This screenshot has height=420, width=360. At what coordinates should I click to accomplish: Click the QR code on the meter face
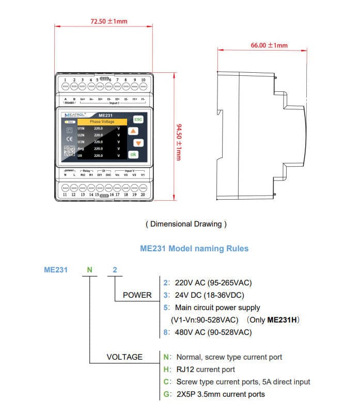click(69, 151)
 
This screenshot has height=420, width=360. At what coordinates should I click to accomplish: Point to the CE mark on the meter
click(69, 140)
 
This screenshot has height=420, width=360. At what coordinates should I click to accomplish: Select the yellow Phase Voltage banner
click(102, 122)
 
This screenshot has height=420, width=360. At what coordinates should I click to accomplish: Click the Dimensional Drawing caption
click(186, 224)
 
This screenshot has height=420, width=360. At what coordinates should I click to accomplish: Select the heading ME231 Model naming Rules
click(194, 249)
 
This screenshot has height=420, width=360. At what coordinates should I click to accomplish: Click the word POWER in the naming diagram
click(137, 295)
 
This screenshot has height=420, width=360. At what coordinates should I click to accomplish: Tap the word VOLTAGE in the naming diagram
click(124, 357)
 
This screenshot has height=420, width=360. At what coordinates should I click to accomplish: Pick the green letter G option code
click(166, 394)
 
